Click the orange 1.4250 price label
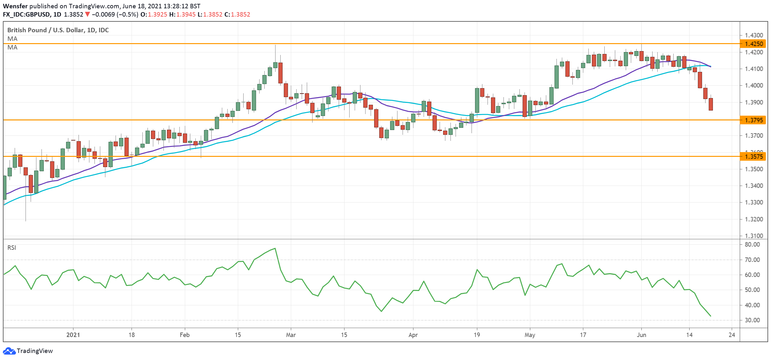753,44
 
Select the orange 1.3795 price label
753,120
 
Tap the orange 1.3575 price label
753,157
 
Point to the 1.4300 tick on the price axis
754,35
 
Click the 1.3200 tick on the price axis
754,219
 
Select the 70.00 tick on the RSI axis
752,260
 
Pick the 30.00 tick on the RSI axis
752,320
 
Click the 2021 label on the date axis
73,335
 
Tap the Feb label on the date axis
185,335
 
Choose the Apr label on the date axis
413,335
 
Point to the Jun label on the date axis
641,335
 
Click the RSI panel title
12,248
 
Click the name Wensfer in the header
15,6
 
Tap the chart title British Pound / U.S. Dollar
58,30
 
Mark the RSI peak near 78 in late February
275,248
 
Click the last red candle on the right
711,104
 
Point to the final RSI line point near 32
711,316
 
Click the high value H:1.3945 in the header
182,14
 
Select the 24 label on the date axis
732,335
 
